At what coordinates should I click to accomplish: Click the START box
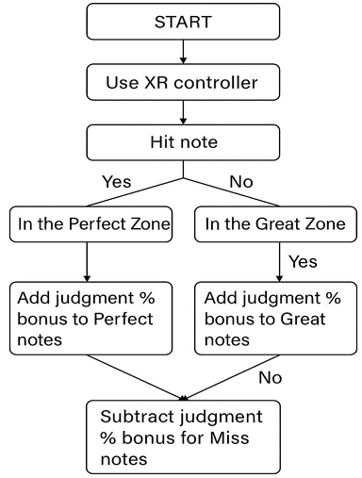pos(183,22)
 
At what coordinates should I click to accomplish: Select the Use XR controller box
pos(183,82)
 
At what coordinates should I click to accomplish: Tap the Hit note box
pos(183,142)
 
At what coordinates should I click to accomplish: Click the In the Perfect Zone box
pos(90,224)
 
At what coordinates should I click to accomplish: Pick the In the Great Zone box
pos(275,224)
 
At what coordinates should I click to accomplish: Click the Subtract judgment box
pos(183,437)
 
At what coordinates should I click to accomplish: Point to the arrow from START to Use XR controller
pos(183,52)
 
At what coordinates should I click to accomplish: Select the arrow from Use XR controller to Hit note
pos(183,112)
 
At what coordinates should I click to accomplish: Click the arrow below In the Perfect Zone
pos(87,262)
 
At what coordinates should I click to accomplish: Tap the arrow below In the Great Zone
pos(279,262)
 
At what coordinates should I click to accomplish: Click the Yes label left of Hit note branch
pos(117,182)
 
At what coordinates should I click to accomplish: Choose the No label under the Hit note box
pos(241,182)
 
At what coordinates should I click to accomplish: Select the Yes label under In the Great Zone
pos(303,261)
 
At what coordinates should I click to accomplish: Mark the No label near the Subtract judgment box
pos(271,377)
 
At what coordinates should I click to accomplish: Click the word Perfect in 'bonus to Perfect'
pos(123,319)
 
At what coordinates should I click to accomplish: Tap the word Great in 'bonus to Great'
pos(303,319)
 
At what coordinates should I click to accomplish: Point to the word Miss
pos(230,437)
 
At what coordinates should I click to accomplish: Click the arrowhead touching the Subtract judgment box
pos(183,398)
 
